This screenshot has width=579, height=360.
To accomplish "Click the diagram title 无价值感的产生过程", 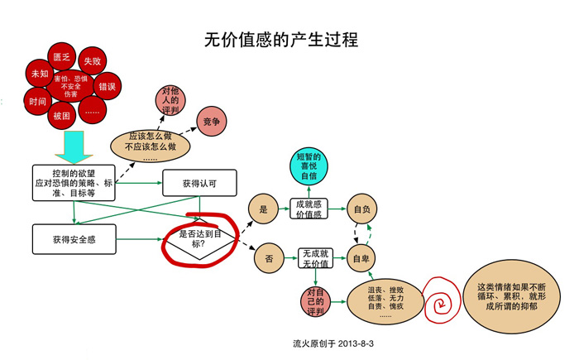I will (x=280, y=40).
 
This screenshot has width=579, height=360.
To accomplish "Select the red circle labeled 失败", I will (x=93, y=62).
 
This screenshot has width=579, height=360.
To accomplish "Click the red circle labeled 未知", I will (x=39, y=74).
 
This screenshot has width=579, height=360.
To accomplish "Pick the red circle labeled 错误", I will (x=108, y=86).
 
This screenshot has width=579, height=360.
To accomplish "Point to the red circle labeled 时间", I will (x=37, y=103).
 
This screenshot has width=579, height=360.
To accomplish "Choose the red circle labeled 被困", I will (x=61, y=115).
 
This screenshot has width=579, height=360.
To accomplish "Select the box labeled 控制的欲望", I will (x=74, y=183).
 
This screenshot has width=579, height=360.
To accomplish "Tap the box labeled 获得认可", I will (x=199, y=183).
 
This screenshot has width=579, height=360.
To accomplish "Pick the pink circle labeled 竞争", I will (x=211, y=122).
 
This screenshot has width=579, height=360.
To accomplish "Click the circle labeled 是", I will (x=264, y=210).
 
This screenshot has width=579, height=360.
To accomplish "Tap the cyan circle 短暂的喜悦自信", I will (x=308, y=166).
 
